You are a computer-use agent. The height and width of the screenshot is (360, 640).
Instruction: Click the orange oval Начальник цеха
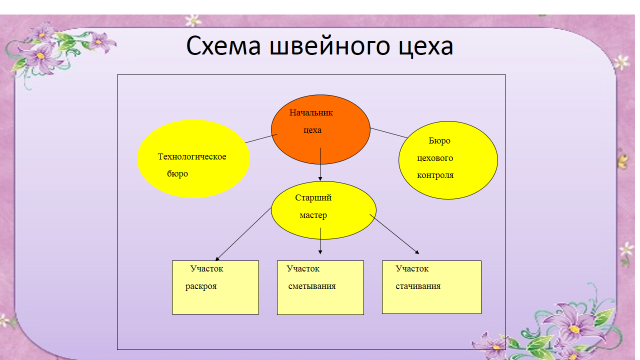tap(321, 129)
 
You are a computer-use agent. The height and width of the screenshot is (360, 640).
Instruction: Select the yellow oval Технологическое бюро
tap(193, 159)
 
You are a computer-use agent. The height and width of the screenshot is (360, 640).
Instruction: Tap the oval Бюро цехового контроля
tap(448, 160)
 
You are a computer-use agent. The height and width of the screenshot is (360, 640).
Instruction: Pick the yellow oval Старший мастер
tap(324, 210)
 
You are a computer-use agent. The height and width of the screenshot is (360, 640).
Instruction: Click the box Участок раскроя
tap(215, 287)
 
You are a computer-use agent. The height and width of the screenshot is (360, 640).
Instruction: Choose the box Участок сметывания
tap(320, 287)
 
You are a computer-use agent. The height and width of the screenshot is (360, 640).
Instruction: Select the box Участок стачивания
tap(432, 287)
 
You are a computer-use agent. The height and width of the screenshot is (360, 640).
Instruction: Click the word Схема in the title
tap(223, 46)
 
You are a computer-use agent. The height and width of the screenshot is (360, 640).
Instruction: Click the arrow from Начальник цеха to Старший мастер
tap(320, 164)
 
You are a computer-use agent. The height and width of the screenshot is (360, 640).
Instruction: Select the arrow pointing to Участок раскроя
tap(244, 234)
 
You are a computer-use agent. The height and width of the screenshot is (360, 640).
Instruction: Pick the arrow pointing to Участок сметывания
tap(320, 241)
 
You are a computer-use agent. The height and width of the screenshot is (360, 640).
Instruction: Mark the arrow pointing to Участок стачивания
tap(394, 234)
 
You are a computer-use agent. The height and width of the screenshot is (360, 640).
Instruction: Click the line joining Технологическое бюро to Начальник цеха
tap(261, 139)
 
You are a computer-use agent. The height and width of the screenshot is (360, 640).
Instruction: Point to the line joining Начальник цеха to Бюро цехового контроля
tap(389, 133)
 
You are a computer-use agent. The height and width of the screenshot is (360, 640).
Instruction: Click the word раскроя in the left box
tap(201, 286)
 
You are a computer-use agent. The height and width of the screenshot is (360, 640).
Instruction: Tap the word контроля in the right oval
tap(435, 175)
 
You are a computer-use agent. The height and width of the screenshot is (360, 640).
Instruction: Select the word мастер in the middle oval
tap(313, 215)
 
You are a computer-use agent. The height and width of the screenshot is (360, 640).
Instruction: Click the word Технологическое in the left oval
tap(192, 157)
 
